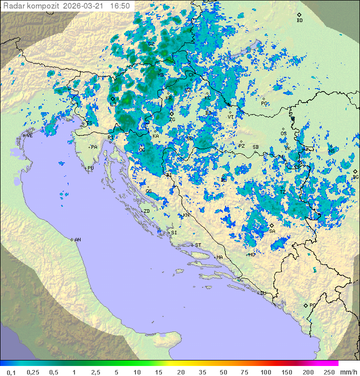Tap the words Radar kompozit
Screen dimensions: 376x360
point(31,6)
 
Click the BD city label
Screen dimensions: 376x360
point(299,21)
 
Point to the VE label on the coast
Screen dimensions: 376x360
point(29,136)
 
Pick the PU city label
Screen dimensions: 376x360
point(90,168)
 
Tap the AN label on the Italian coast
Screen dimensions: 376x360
point(77,240)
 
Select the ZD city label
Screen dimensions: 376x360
point(146,211)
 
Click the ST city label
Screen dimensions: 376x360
point(198,245)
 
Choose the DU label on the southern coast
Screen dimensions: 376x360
point(262,293)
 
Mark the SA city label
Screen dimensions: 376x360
point(272,231)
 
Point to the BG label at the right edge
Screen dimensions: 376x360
point(355,177)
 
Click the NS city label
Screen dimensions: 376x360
point(331,151)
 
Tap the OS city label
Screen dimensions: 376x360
point(283,134)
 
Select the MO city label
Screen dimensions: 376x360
point(252,255)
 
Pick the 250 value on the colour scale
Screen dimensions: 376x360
point(328,372)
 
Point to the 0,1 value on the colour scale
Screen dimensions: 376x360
point(11,372)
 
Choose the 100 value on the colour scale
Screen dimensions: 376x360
point(265,372)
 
